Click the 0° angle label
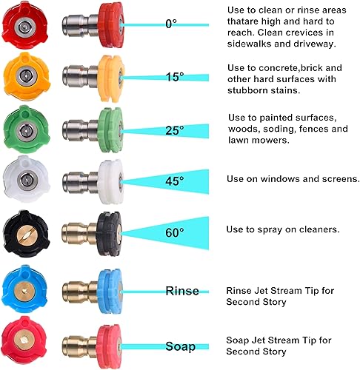click(171, 24)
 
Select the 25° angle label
click(175, 130)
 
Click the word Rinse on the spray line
click(182, 291)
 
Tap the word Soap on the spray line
click(181, 346)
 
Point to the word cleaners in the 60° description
click(314, 230)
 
